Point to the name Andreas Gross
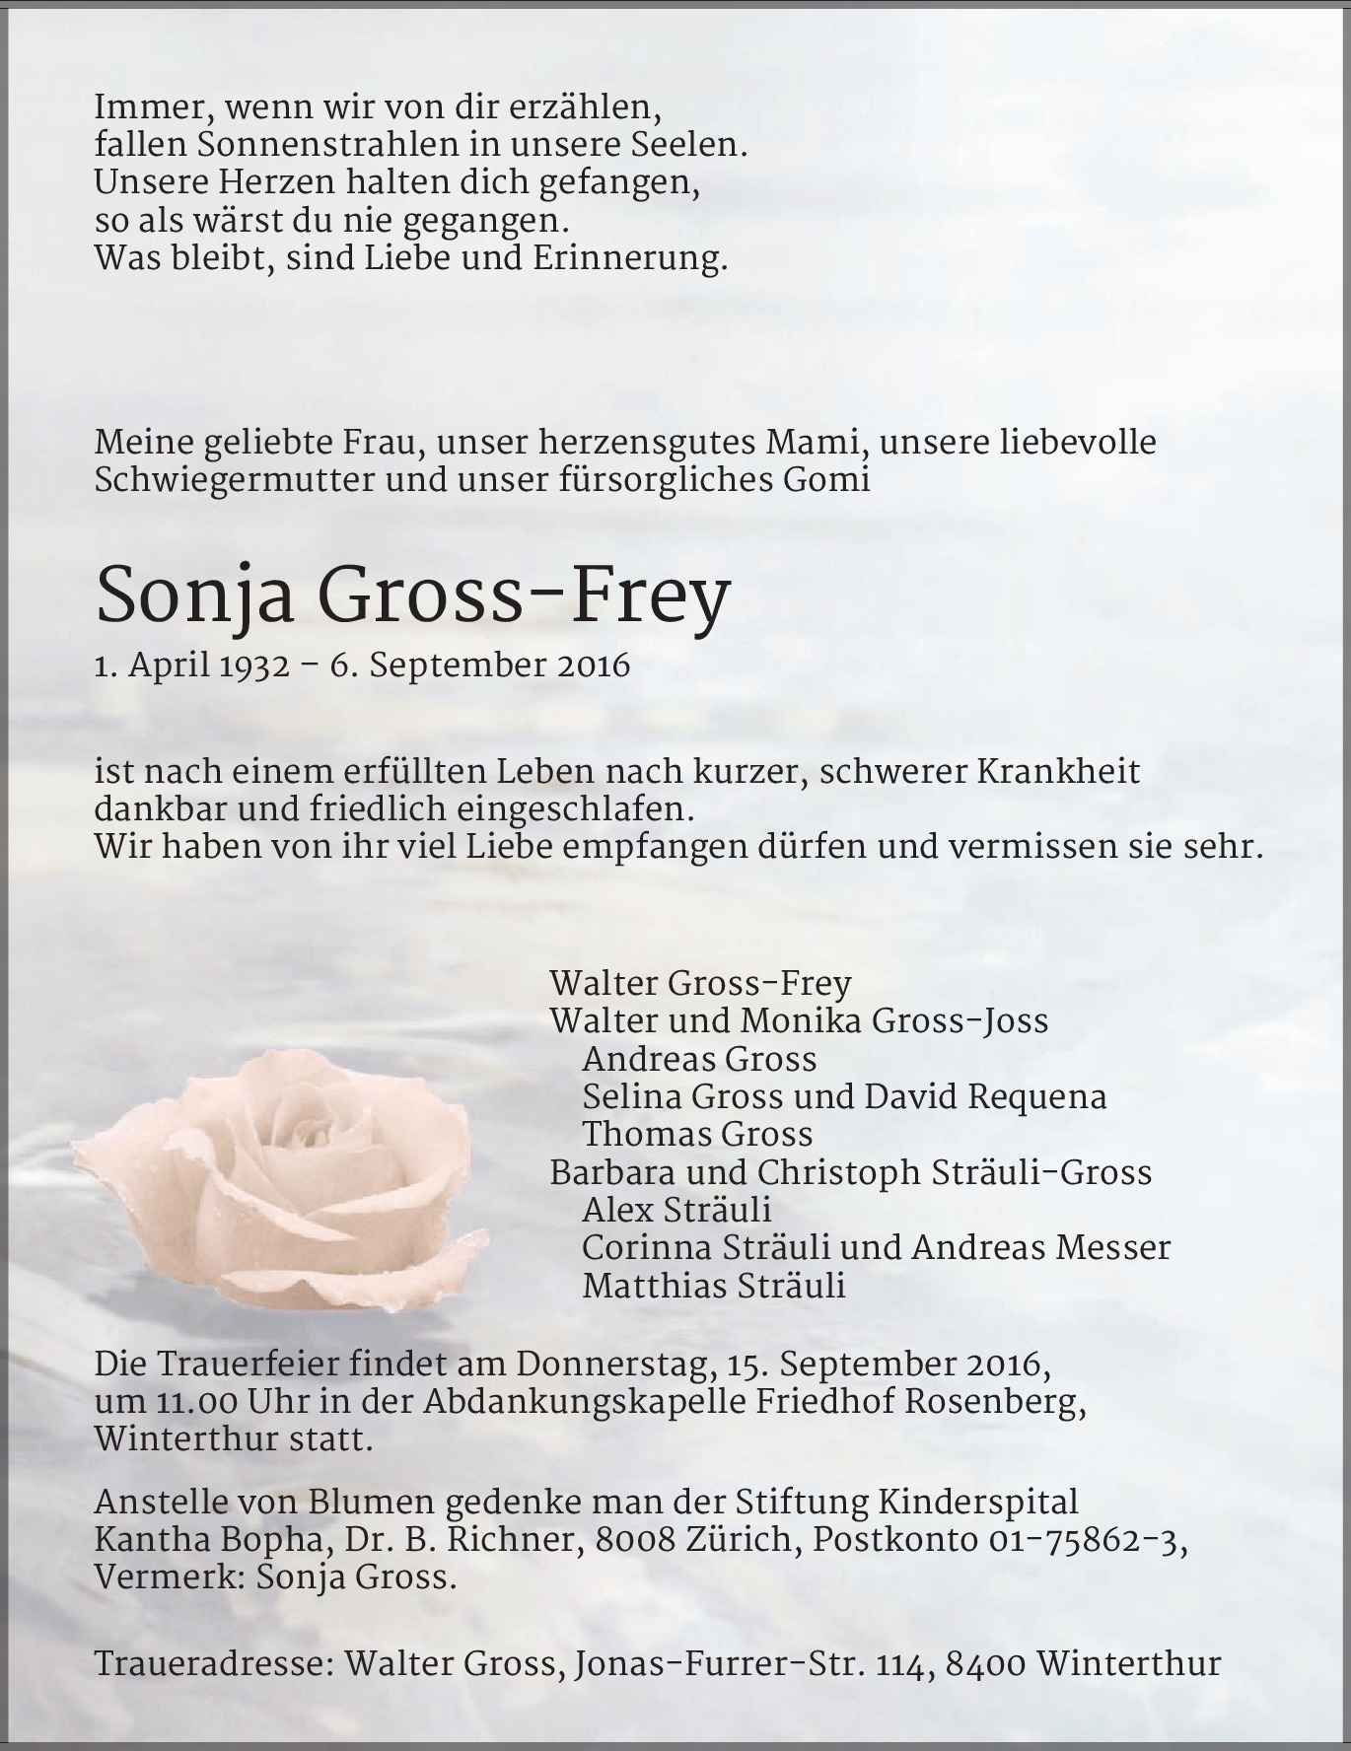(x=699, y=1059)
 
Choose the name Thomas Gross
(x=697, y=1134)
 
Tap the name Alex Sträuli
(x=676, y=1210)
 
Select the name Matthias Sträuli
(x=714, y=1286)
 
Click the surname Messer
(x=1112, y=1247)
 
